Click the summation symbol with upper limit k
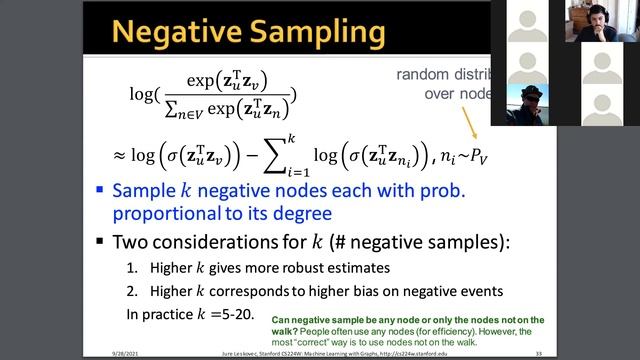[293, 155]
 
